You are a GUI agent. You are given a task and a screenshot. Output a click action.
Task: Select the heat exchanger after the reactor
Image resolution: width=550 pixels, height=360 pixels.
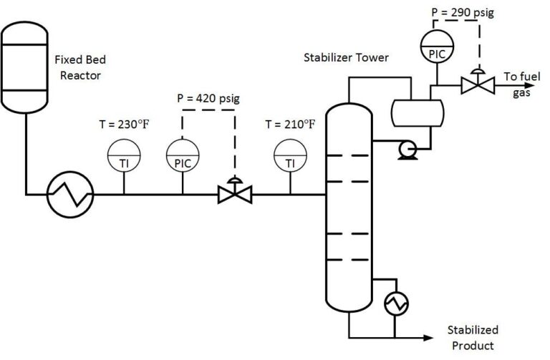tap(70, 194)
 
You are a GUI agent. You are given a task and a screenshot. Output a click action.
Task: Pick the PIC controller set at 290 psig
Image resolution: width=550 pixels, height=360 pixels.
tap(435, 45)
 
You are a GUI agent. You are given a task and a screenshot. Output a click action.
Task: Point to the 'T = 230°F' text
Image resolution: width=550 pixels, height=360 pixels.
tap(124, 124)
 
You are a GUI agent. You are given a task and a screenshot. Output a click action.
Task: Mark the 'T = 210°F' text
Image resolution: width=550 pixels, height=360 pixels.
tap(290, 124)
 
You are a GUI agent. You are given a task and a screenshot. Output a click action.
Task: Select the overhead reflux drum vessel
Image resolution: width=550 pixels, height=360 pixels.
tap(417, 111)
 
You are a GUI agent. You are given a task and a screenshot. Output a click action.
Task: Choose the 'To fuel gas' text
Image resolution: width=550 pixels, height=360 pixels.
tap(519, 83)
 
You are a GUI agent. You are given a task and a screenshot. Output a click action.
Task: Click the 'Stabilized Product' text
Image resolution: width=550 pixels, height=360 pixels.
tap(473, 338)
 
